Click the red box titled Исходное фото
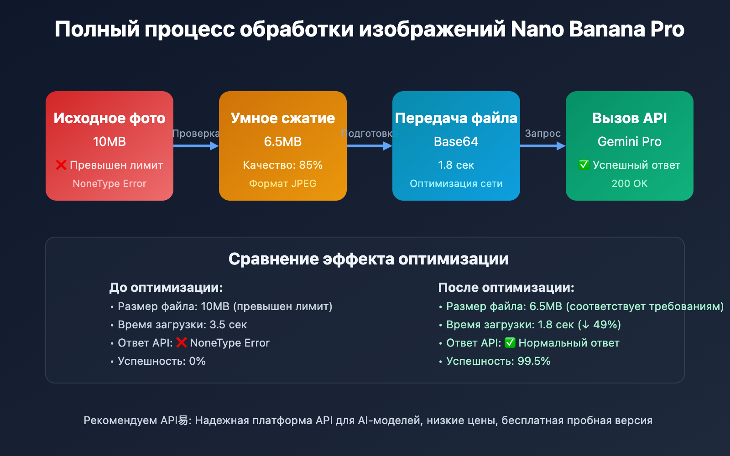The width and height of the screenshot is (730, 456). coord(109,146)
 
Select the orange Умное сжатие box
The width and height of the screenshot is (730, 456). coord(283,146)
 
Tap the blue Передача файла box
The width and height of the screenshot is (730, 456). coord(456,146)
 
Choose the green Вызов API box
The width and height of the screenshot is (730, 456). coord(630,146)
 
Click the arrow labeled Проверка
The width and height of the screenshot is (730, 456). coord(196,146)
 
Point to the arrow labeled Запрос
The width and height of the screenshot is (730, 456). coord(542,146)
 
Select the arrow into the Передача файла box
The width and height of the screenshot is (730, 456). coord(369,146)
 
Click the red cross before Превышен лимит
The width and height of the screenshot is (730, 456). coord(61,165)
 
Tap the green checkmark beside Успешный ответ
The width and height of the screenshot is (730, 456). coord(584,165)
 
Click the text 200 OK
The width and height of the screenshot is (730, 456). coord(630,184)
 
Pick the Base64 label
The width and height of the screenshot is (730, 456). coord(456,142)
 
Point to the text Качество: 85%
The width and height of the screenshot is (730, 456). coord(283,165)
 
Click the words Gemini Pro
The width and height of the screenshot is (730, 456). coord(630,142)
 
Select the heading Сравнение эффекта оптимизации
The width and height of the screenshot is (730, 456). coord(369,259)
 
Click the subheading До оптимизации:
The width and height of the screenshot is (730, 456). coord(166,288)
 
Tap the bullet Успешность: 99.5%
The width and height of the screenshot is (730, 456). coord(498,361)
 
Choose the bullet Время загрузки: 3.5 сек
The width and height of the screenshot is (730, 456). coord(182,325)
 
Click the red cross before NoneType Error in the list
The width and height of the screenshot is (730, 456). coord(182,342)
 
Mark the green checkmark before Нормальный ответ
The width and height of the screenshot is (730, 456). coord(510,343)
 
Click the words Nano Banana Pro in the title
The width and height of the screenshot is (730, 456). coord(598,29)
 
